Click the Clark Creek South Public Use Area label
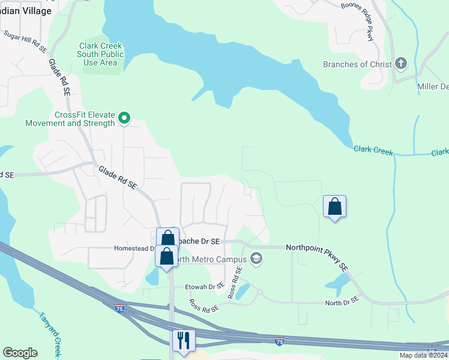pos(100,54)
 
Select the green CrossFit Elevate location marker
pos(124,118)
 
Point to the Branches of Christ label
pos(357,64)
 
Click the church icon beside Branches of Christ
pos(401,64)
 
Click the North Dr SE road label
pos(342,301)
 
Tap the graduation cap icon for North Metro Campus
pos(256,259)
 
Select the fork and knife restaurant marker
pos(183,340)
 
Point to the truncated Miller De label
pos(433,86)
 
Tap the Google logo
pos(20,353)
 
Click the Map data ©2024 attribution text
pos(423,355)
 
